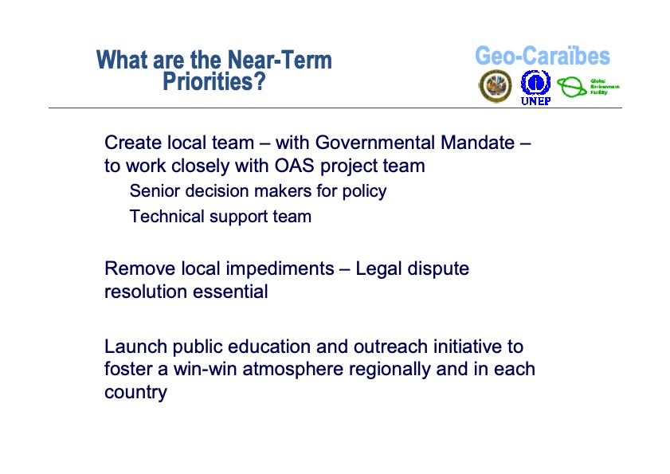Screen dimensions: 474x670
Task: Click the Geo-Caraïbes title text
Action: pyautogui.click(x=542, y=57)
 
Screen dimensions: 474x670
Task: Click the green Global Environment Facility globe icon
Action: pyautogui.click(x=571, y=87)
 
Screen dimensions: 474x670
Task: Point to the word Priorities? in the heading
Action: pyautogui.click(x=214, y=81)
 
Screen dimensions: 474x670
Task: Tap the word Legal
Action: pyautogui.click(x=378, y=268)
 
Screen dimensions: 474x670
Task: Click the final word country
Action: pyautogui.click(x=135, y=393)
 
